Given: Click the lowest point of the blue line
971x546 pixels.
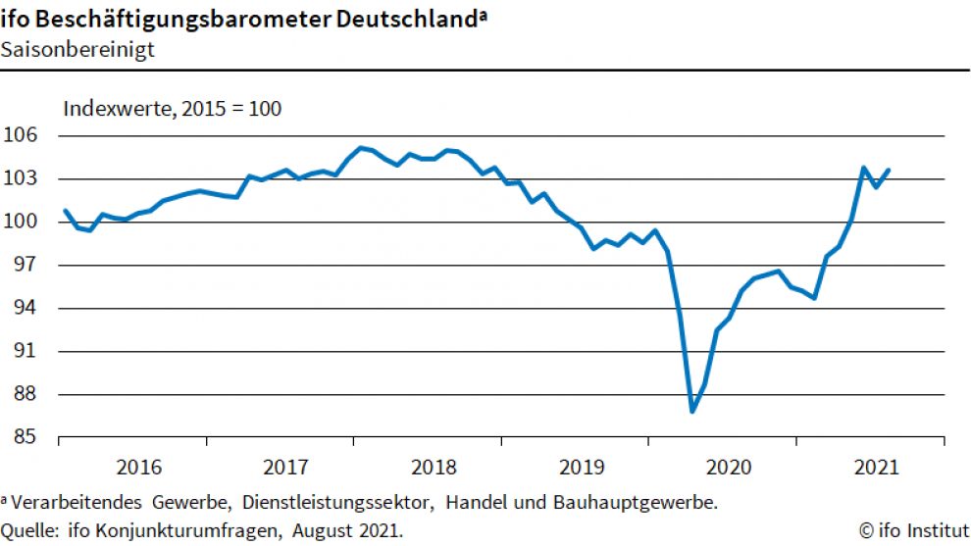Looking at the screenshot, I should point(692,411).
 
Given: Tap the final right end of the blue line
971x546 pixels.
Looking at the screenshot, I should point(889,170).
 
